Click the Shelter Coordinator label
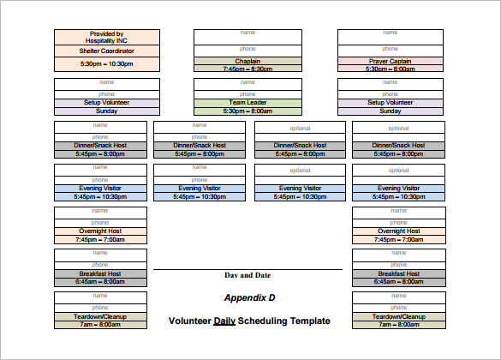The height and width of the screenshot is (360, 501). (x=107, y=51)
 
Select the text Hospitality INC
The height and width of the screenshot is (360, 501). (x=107, y=40)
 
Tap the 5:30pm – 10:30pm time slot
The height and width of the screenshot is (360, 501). (x=107, y=63)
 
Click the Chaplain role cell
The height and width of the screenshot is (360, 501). (x=248, y=61)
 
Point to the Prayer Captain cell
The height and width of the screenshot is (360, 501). (x=391, y=61)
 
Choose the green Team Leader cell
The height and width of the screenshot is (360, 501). (x=248, y=102)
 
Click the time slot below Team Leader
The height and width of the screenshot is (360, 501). (x=248, y=111)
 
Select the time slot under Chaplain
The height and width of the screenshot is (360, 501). (x=248, y=69)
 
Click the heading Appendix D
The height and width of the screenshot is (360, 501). (x=250, y=298)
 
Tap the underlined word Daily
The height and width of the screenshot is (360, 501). (x=224, y=321)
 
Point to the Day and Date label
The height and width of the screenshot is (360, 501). (x=248, y=275)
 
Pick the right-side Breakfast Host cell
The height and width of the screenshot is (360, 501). (x=398, y=273)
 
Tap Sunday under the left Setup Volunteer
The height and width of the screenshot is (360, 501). (x=106, y=111)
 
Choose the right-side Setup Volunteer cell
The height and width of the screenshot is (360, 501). (x=391, y=102)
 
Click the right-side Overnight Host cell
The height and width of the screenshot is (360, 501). (x=398, y=231)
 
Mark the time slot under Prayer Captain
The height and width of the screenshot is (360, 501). (x=391, y=69)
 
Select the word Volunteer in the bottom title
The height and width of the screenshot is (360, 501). (x=189, y=321)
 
